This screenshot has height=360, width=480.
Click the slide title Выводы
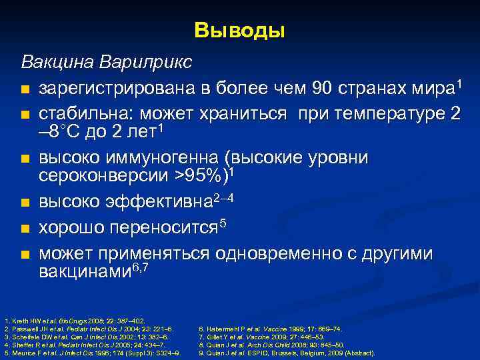pyautogui.click(x=240, y=31)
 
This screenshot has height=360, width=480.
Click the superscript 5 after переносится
pyautogui.click(x=223, y=222)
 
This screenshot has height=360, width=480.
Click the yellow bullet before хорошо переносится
pyautogui.click(x=25, y=229)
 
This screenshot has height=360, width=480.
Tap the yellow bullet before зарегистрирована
pyautogui.click(x=25, y=89)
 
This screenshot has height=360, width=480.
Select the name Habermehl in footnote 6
pyautogui.click(x=223, y=329)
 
